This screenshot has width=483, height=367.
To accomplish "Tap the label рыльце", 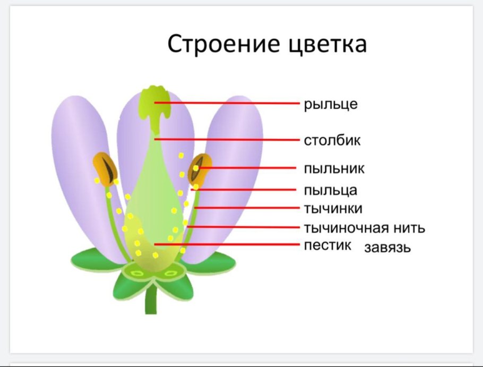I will pos(331,104).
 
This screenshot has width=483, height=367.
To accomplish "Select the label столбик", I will pos(332,141).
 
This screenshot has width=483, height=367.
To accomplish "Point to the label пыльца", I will pos(331,190).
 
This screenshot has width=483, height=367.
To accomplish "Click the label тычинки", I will pos(333,208).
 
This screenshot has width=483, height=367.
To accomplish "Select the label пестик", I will pos(328,245).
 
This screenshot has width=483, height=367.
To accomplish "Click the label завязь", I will pos(387,247).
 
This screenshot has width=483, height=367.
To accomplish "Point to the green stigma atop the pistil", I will pos(154,101).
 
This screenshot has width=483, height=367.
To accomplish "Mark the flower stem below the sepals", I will pos(151,300).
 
